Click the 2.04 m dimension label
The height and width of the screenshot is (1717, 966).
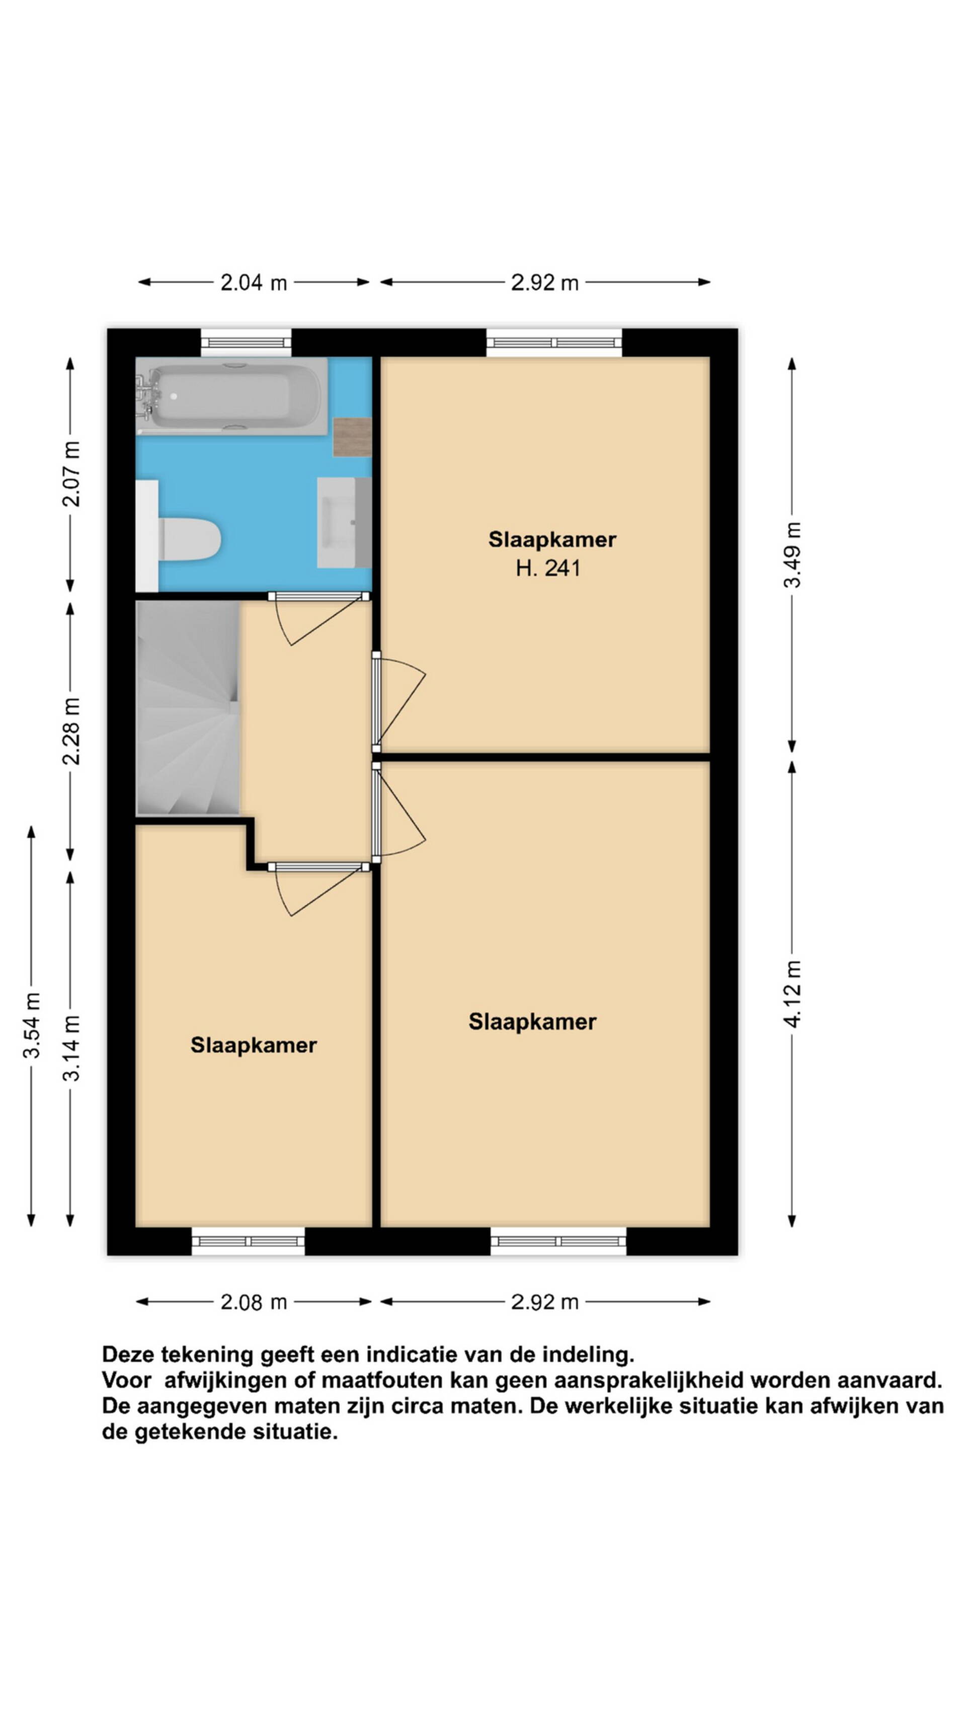click(254, 283)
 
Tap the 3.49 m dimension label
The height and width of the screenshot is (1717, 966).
click(791, 554)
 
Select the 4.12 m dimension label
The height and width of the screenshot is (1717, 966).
click(791, 994)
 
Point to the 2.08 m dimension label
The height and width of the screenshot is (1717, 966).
click(254, 1302)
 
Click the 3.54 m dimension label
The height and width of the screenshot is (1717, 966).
click(31, 1025)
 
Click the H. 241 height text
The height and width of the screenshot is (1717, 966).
click(548, 568)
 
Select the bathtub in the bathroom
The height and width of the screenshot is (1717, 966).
click(231, 396)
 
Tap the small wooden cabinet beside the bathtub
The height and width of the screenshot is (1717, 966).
click(352, 437)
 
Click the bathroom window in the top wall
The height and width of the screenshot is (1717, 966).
click(247, 343)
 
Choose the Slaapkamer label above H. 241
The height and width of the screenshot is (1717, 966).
click(552, 539)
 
